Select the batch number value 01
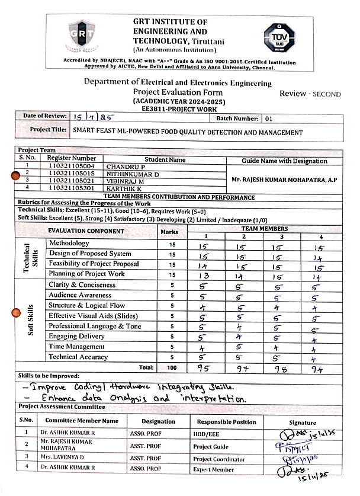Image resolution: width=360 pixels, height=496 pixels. click(x=269, y=119)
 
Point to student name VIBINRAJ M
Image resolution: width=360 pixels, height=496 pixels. click(x=126, y=180)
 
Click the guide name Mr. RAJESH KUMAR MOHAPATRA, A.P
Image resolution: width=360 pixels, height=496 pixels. click(x=284, y=180)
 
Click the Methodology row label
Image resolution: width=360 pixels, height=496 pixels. click(x=69, y=243)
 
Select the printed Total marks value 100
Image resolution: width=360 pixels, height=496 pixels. click(x=173, y=368)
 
